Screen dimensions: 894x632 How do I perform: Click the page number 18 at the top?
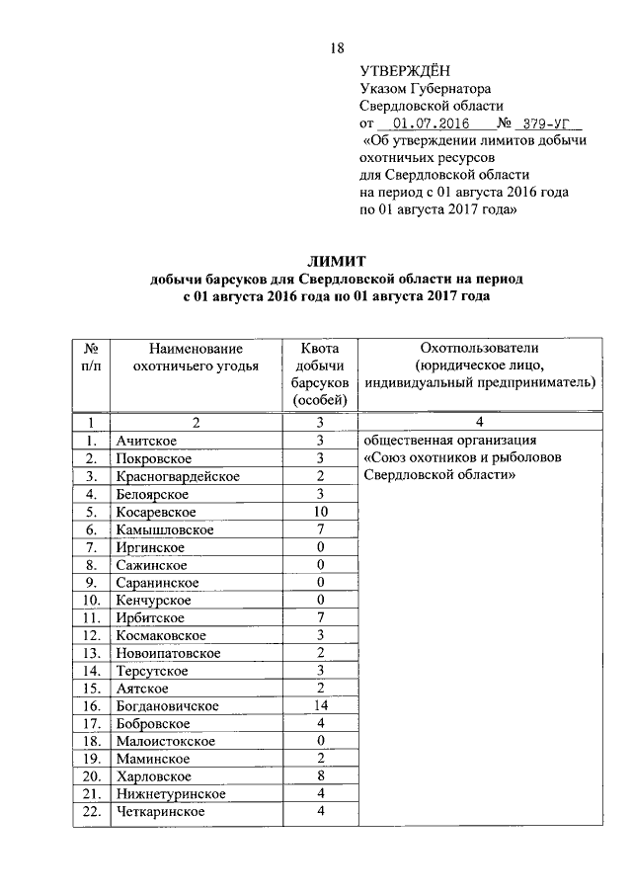(x=337, y=48)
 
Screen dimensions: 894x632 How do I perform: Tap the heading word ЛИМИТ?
(x=336, y=262)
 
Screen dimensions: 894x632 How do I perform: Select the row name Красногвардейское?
(x=178, y=476)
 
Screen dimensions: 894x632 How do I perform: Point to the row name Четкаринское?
(x=159, y=811)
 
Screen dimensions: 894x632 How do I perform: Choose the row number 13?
(x=91, y=653)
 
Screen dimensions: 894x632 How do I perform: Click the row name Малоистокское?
(x=164, y=741)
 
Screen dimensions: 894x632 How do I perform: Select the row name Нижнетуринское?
(x=169, y=794)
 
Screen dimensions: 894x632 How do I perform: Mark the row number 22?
(x=91, y=811)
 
